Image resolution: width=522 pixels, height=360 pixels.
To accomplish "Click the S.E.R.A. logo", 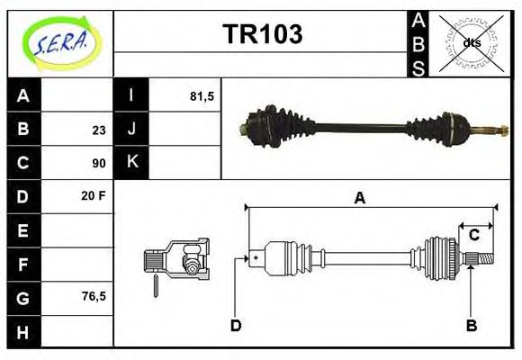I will click(x=59, y=41).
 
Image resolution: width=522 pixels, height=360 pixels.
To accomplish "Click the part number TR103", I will click(x=262, y=34).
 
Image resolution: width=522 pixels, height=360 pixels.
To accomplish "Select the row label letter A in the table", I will click(x=23, y=96).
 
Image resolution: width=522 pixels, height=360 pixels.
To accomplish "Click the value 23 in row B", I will click(x=98, y=130).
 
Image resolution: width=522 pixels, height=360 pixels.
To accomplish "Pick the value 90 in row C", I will click(x=98, y=163).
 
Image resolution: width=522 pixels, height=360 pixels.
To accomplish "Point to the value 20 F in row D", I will click(x=94, y=196).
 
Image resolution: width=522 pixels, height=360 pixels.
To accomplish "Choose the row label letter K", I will click(x=131, y=163).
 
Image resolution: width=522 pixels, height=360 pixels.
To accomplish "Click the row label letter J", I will click(x=131, y=130).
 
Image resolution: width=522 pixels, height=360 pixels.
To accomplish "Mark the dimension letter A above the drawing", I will click(x=359, y=199).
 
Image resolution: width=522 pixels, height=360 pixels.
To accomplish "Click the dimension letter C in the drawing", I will click(x=473, y=235).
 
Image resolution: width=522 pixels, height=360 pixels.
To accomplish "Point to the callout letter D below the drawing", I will click(x=236, y=326).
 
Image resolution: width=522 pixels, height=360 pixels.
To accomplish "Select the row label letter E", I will click(x=23, y=229).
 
